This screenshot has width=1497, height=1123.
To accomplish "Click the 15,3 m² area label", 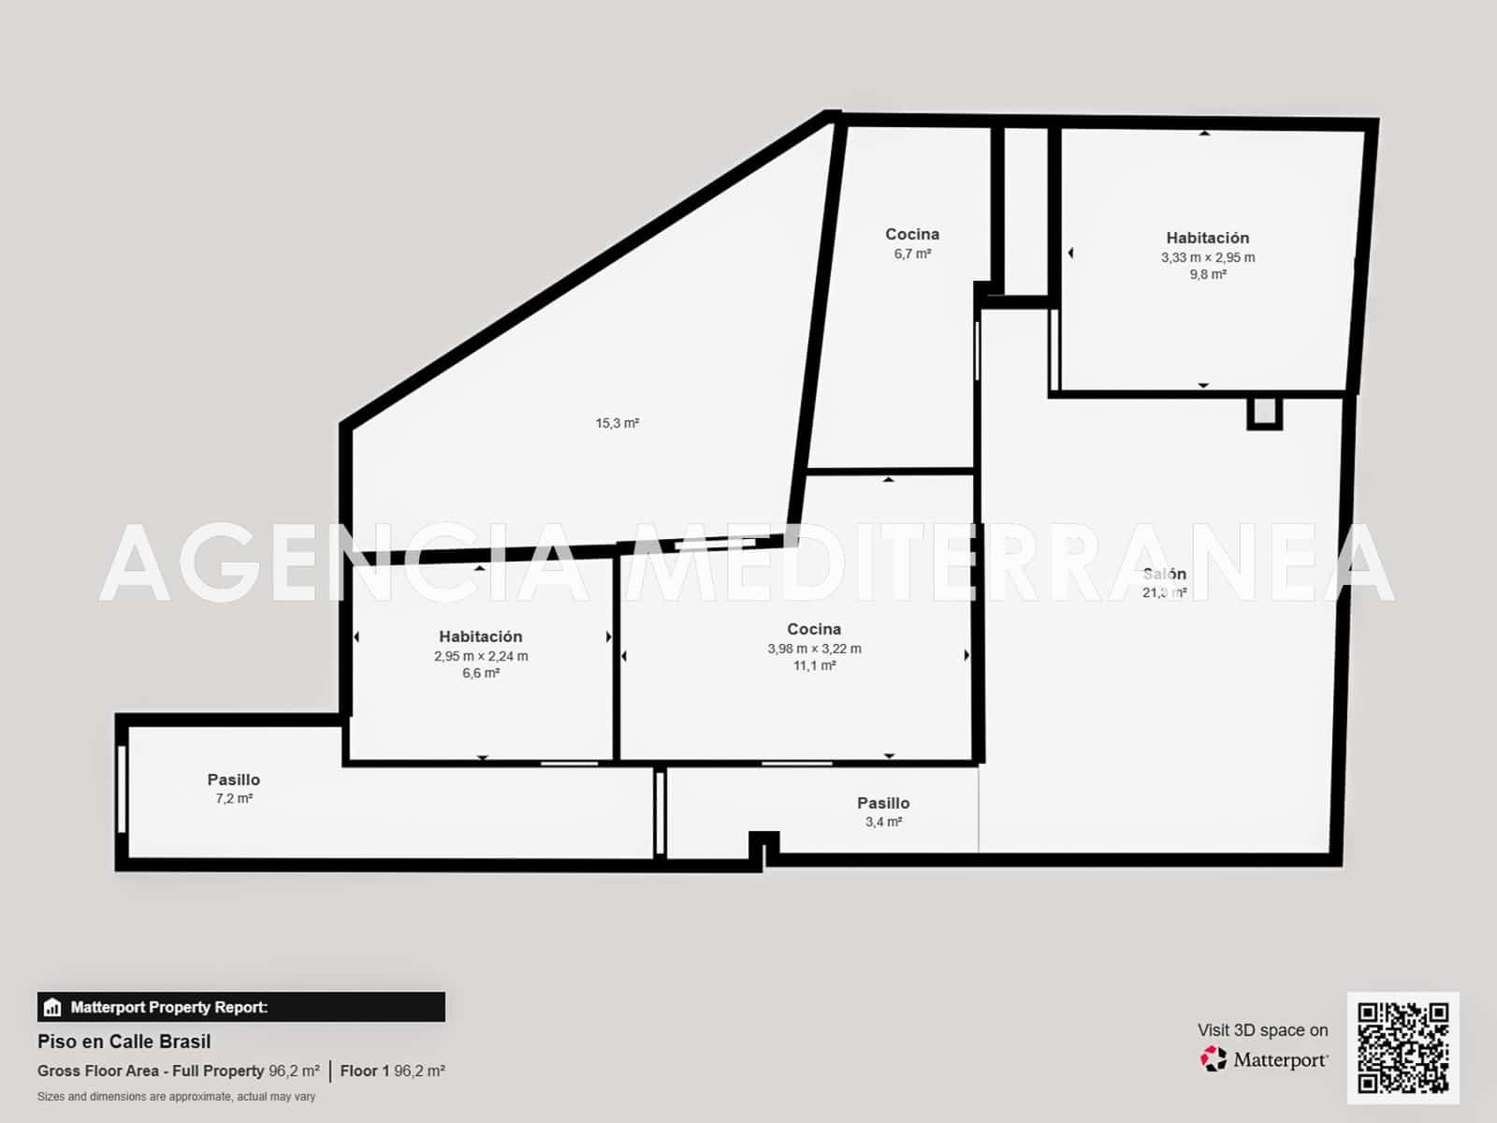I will [x=617, y=423].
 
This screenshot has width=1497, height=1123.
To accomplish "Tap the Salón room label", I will [x=1165, y=574].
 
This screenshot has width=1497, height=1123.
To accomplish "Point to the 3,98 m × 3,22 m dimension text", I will [x=814, y=649].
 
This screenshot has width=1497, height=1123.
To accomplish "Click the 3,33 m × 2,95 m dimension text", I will [x=1208, y=257].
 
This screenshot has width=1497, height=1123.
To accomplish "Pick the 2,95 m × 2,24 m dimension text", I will [x=481, y=656].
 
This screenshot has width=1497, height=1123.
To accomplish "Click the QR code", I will [x=1403, y=1047].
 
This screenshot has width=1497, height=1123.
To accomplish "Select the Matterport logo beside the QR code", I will [x=1264, y=1059].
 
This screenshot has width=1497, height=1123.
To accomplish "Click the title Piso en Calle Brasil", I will [x=124, y=1042].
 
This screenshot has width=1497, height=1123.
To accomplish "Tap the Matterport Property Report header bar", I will [x=241, y=1007].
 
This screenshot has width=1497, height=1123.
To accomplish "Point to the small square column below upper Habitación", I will [x=1264, y=412].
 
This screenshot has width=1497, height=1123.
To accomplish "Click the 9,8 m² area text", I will [x=1208, y=275].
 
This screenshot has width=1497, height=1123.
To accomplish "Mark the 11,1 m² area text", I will [x=814, y=666].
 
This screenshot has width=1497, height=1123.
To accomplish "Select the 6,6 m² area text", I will [x=481, y=674].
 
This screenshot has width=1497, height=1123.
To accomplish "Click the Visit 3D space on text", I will [x=1262, y=1030].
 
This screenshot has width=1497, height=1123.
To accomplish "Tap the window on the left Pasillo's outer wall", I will [x=123, y=788].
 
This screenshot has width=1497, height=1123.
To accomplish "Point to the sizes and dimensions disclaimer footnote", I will [x=176, y=1097].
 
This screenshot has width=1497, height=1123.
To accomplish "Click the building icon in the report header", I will [x=52, y=1008].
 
